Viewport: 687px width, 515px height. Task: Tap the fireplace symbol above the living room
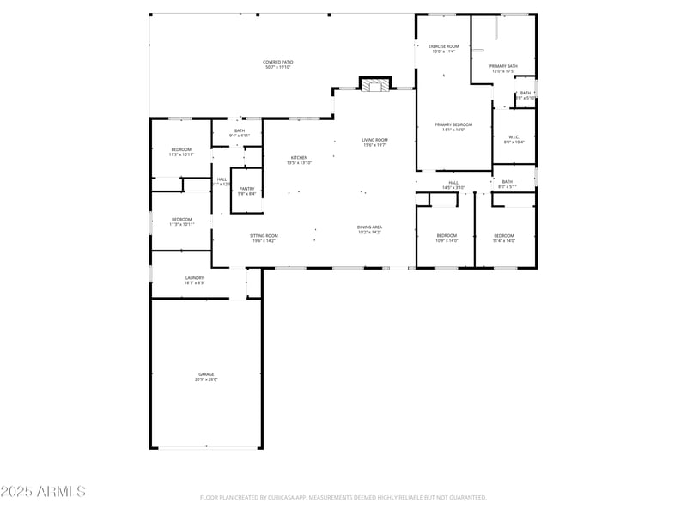point(374,85)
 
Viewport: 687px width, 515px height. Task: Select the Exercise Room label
point(444,49)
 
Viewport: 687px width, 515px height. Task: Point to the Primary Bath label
point(503,69)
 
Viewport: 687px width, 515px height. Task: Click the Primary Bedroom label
point(453,127)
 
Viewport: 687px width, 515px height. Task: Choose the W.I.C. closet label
point(514,139)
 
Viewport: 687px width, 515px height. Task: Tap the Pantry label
point(246,191)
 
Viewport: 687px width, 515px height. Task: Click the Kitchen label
point(299,160)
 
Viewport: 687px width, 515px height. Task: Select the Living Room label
point(374,142)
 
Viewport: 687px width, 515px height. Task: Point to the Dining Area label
point(370,229)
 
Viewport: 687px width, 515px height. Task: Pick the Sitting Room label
point(264,238)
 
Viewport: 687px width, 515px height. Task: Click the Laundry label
point(195,280)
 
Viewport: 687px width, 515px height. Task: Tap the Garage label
point(206,377)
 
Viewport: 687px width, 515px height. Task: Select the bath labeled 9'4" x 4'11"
point(240,133)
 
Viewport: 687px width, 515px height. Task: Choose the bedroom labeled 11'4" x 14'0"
point(504,238)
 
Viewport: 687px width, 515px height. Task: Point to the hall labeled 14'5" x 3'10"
point(453,185)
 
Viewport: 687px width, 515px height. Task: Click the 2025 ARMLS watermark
point(43,492)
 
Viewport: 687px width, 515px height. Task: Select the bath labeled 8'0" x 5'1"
point(508,184)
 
